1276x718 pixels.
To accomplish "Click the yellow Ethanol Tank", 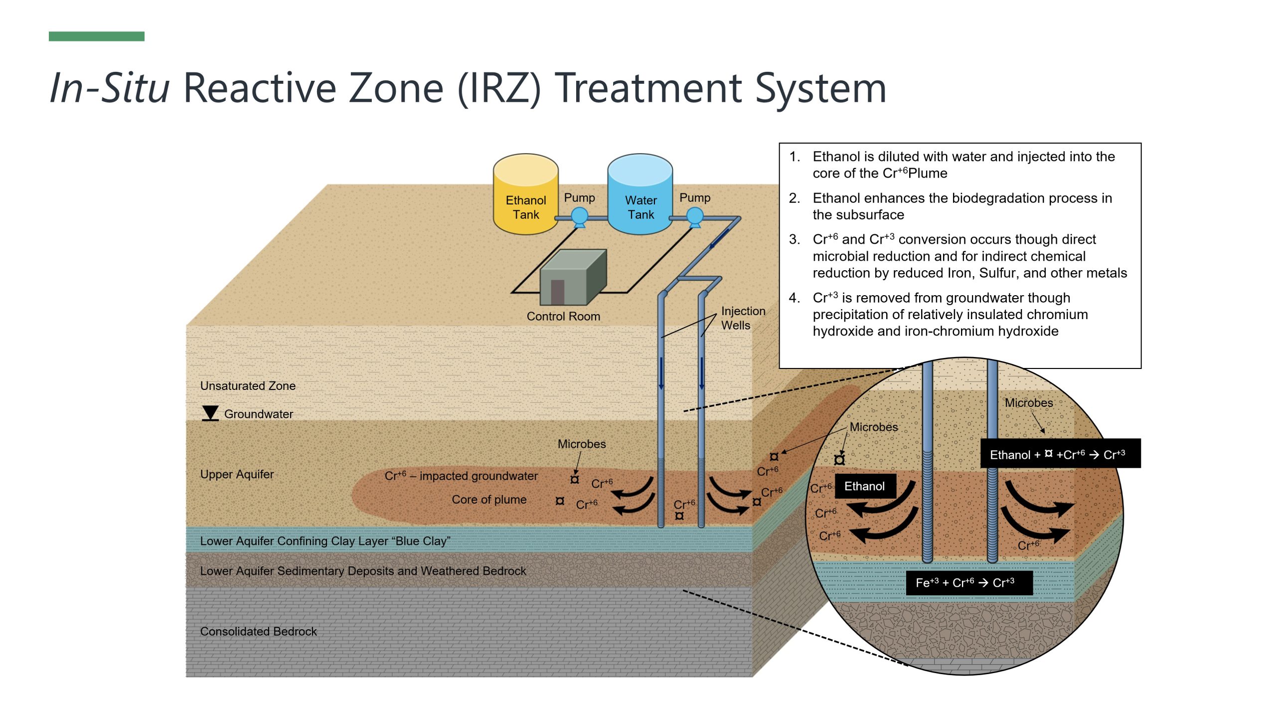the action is tap(525, 194).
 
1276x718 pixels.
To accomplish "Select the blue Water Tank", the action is tap(640, 194).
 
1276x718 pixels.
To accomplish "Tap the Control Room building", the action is tap(573, 277).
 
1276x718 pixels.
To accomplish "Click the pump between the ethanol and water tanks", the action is tap(579, 217).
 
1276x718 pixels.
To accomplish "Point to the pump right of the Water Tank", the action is tap(695, 217).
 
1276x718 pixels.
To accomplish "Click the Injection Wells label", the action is tap(743, 318).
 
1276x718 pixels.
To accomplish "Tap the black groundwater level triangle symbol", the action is tap(210, 413).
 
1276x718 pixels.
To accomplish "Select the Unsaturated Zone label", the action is tap(248, 386).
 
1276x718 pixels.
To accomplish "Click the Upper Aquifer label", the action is tap(237, 474).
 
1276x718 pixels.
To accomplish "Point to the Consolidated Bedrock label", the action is tap(258, 631).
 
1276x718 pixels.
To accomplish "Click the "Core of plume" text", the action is tap(489, 500).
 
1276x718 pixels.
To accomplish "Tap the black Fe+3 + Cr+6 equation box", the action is tap(969, 583).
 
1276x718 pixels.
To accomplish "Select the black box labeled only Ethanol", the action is tap(865, 486).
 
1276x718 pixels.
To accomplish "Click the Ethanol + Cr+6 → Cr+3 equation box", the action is tap(1060, 454).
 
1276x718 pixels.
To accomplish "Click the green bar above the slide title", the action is tap(97, 36).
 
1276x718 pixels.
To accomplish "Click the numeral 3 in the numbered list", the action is tap(794, 240).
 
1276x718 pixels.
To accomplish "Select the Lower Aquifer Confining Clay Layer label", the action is tap(325, 541).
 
